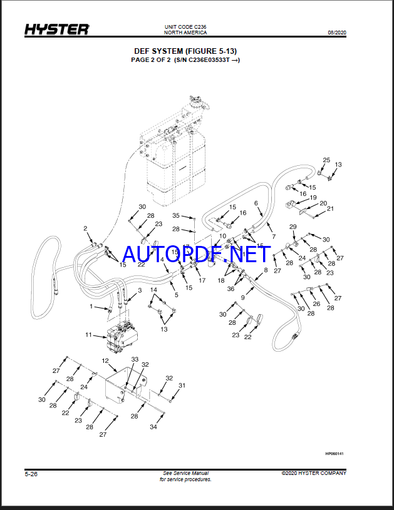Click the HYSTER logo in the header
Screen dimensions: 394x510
pos(57,29)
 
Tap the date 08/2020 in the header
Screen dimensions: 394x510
pos(337,33)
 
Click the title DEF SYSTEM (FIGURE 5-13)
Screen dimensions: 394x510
pos(185,51)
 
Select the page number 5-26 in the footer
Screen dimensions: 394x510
pos(31,474)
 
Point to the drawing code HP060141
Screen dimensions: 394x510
pos(334,454)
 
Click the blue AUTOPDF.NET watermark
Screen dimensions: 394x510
pos(196,254)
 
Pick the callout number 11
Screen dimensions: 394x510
pos(88,334)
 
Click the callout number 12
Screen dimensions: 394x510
pos(105,360)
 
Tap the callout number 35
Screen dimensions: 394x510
pos(176,215)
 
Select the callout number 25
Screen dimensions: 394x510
pos(326,160)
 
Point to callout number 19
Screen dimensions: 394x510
pos(313,198)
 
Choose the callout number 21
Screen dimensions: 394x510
pos(330,208)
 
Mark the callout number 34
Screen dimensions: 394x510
pos(153,427)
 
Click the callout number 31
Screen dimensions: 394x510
pos(182,385)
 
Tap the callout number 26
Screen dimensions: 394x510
pos(316,303)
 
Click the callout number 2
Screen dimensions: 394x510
pos(85,228)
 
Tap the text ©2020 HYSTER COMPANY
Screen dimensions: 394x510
pos(314,473)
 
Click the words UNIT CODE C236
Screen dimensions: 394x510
pos(185,27)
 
